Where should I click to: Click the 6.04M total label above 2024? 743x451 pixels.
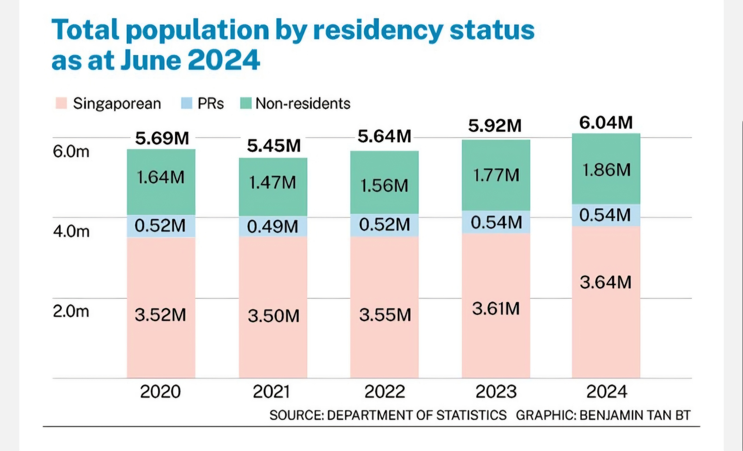click(x=606, y=123)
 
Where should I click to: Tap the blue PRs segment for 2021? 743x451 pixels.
click(x=273, y=226)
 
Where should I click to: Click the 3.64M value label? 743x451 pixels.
click(x=606, y=282)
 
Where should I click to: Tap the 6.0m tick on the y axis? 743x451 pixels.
click(x=71, y=151)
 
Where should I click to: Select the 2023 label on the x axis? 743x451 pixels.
click(x=496, y=392)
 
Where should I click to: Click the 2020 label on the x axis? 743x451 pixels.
click(x=160, y=392)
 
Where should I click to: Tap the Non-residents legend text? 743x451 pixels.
click(x=303, y=104)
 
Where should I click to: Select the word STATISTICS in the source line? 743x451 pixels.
click(x=471, y=415)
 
